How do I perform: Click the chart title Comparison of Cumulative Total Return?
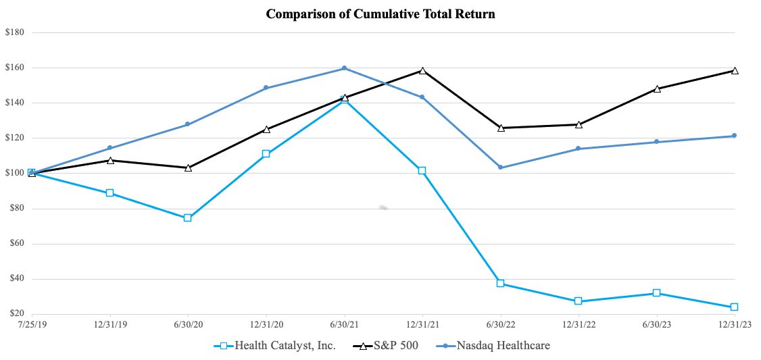click(380, 14)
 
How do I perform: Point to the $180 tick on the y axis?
click(15, 32)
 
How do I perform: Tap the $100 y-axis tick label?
click(15, 173)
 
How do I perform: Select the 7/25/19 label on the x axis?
click(32, 324)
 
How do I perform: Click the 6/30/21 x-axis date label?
click(345, 324)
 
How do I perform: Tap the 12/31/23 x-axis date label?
click(735, 324)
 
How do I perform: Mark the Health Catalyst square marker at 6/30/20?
click(188, 218)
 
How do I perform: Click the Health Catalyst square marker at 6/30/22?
click(501, 283)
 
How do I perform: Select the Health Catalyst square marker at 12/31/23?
click(735, 307)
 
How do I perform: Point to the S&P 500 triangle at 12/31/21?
click(422, 70)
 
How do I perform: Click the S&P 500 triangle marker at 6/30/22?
click(501, 127)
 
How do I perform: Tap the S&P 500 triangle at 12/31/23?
click(735, 70)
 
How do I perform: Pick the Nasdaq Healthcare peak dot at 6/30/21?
click(345, 68)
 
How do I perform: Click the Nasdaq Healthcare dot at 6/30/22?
click(501, 168)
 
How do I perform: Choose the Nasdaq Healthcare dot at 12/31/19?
click(109, 148)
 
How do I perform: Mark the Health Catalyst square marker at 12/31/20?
click(266, 154)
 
